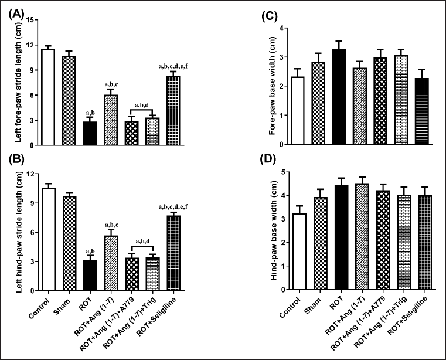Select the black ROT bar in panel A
(x=89, y=133)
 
